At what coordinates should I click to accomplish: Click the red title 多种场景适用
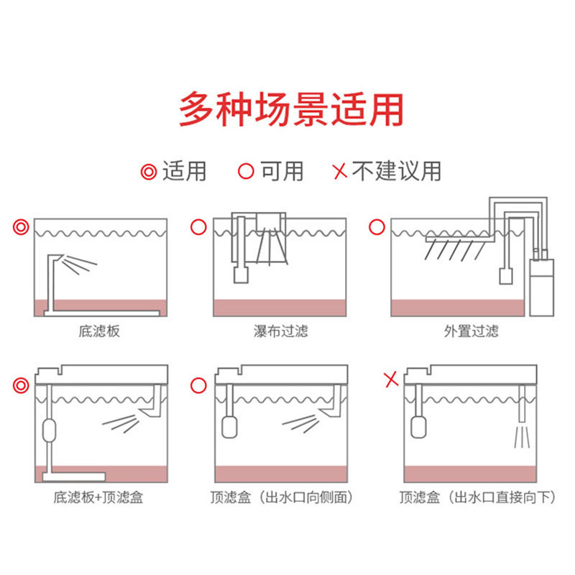[x=291, y=109]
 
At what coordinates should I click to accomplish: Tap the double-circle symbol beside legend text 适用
[x=149, y=172]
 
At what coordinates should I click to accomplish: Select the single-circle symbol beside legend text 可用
[x=247, y=172]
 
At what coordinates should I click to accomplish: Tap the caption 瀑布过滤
[x=280, y=331]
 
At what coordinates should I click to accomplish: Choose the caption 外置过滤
[x=471, y=331]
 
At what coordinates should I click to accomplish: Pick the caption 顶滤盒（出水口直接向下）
[x=478, y=497]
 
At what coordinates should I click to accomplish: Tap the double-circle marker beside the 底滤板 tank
[x=21, y=228]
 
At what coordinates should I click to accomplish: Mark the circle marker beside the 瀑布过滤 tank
[x=197, y=228]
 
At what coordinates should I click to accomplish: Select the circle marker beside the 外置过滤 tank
[x=376, y=228]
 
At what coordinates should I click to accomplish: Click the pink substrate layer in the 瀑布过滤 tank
[x=280, y=308]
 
